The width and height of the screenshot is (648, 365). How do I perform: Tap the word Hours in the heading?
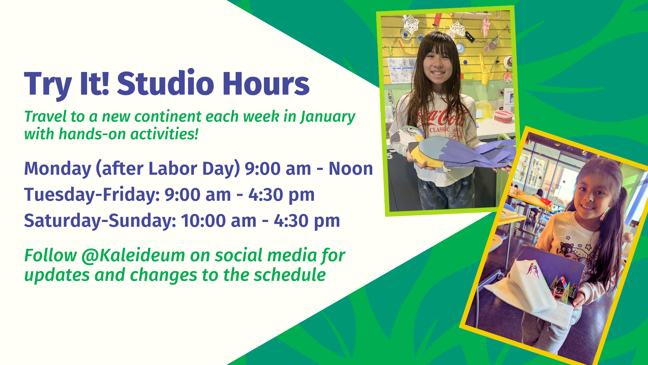(x=266, y=83)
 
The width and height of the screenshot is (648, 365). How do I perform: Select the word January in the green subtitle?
(x=328, y=117)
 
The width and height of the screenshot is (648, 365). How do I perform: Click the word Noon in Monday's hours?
(x=351, y=169)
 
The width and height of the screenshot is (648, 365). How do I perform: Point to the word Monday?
(x=58, y=169)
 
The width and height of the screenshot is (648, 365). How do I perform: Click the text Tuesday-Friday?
(x=92, y=195)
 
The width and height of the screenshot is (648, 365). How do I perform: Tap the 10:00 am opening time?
(x=218, y=221)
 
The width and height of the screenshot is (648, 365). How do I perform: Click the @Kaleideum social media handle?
(x=133, y=255)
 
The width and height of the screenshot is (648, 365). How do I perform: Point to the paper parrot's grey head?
(x=402, y=135)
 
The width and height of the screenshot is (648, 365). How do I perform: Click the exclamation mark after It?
(x=105, y=83)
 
